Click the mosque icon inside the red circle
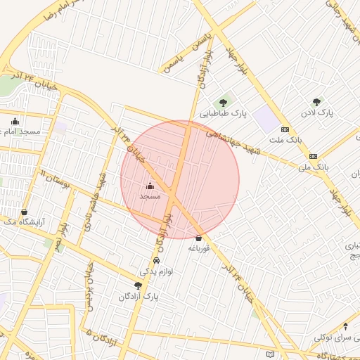150,186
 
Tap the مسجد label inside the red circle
150,197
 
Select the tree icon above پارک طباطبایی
223,103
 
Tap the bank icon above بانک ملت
285,129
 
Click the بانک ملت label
285,140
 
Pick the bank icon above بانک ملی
313,156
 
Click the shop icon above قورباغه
198,238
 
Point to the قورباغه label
198,248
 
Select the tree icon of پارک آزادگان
138,286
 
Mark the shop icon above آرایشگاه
25,212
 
